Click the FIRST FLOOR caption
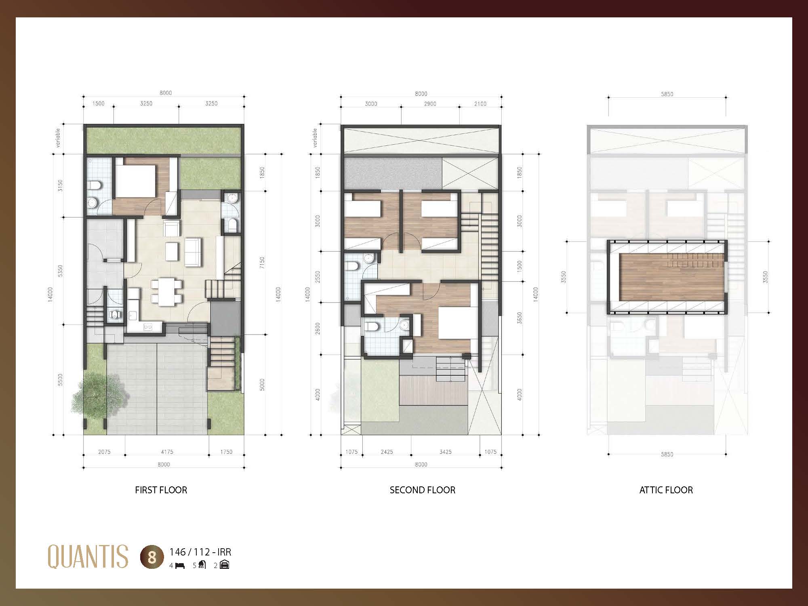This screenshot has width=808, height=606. click(161, 490)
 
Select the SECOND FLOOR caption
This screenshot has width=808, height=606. click(422, 490)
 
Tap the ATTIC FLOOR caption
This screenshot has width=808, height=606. click(666, 490)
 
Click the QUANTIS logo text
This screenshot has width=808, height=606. click(88, 556)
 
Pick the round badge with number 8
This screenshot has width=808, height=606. click(152, 558)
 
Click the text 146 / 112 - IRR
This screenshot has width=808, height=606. click(200, 552)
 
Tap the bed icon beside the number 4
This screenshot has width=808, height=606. click(180, 566)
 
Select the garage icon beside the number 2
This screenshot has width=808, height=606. click(224, 565)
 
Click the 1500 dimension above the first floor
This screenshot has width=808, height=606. click(98, 103)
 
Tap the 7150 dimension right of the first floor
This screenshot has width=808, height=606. click(262, 263)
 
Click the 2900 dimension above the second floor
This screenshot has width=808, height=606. click(430, 104)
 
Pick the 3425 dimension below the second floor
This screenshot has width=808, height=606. click(445, 452)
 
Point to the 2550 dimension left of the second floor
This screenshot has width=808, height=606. click(318, 277)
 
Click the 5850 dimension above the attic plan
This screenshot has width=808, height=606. click(667, 94)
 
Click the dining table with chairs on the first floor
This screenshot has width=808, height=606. click(166, 292)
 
